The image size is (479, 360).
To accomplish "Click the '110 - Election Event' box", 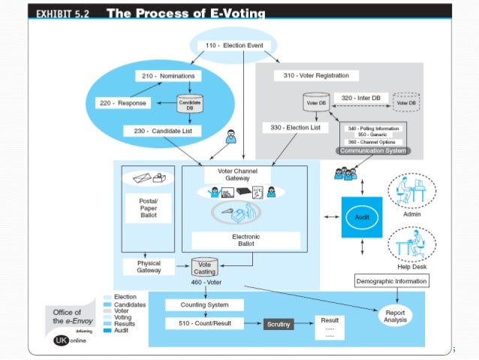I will [x=235, y=46].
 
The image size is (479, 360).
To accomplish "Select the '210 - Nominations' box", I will [x=167, y=76].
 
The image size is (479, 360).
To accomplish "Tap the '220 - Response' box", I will [x=125, y=102].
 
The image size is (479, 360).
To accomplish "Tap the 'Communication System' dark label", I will [x=374, y=150].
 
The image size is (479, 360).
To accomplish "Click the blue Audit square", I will [x=362, y=216].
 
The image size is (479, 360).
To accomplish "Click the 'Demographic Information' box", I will [x=391, y=281].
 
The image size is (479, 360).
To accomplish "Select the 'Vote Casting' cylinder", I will [x=204, y=267].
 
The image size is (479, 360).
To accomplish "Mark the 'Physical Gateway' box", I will [x=149, y=267].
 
